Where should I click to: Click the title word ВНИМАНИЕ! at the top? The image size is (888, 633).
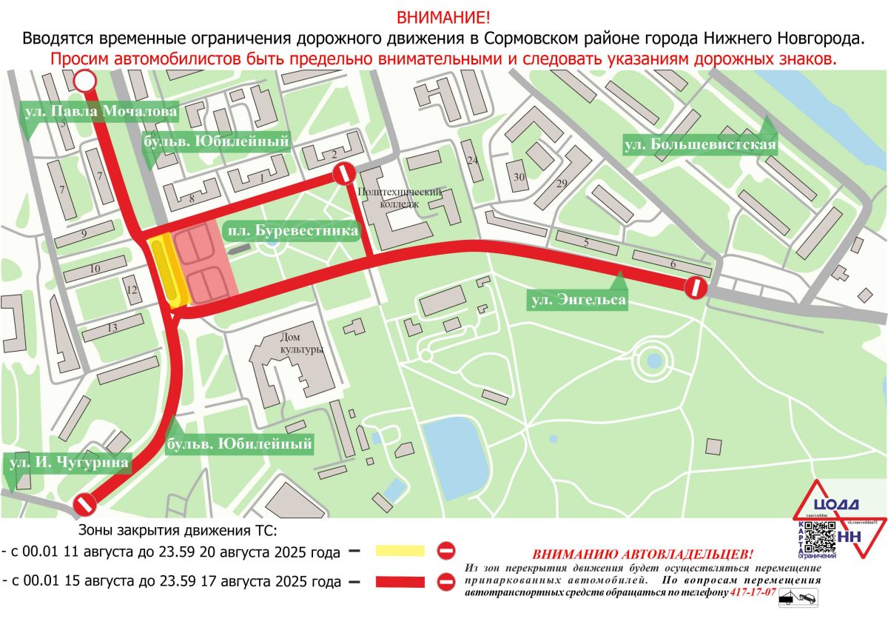point(443,17)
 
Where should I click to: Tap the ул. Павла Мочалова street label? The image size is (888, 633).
point(100,112)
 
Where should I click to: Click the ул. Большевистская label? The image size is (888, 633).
point(699,144)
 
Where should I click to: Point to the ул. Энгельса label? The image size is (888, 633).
point(577,300)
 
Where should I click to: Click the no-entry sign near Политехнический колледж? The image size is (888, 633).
point(343,175)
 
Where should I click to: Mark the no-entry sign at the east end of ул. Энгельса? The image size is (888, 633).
point(696,288)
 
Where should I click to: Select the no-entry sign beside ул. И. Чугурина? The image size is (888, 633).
point(86,506)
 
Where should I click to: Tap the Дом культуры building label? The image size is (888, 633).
point(301,344)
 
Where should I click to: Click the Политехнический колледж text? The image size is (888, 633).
point(399,197)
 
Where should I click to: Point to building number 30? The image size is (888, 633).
point(519,177)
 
